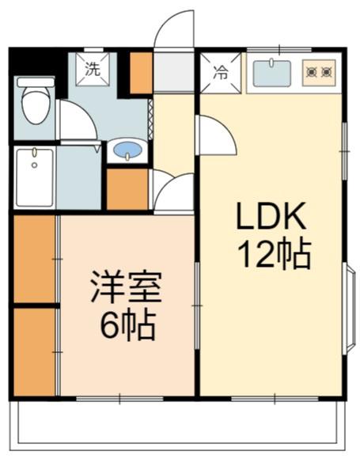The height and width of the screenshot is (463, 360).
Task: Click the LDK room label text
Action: (x=271, y=216)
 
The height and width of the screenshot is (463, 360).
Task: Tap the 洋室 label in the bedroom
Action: (x=127, y=287)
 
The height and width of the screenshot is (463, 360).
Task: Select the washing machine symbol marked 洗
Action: (x=93, y=70)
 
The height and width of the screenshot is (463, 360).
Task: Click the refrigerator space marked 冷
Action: (x=221, y=73)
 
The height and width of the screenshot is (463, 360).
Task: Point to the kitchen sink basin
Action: (x=272, y=74)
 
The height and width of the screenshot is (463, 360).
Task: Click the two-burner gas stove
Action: (x=319, y=73)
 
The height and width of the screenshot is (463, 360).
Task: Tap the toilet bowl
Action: (x=36, y=101)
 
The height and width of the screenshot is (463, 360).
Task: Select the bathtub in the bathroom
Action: (x=35, y=178)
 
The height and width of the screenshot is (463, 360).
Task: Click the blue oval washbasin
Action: (x=127, y=150)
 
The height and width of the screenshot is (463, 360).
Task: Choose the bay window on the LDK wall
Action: (x=350, y=309)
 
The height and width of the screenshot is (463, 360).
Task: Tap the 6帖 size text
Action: (x=127, y=324)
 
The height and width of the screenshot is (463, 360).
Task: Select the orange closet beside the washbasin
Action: (x=127, y=189)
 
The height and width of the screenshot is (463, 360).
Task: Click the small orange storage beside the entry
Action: (x=142, y=73)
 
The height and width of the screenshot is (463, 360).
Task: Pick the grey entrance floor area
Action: (x=174, y=72)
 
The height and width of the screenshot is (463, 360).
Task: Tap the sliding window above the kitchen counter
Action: (x=279, y=49)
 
